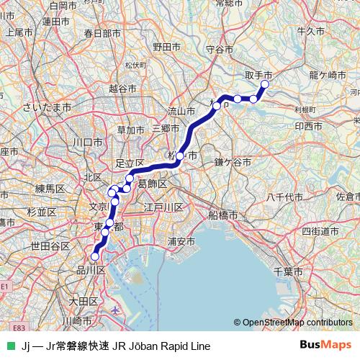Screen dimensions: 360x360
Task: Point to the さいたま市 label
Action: click(47, 107)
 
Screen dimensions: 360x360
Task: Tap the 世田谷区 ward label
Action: click(50, 246)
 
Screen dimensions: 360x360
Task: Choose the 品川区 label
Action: click(91, 270)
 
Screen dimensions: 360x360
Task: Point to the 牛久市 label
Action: click(311, 31)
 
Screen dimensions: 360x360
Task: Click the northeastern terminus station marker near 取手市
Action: click(264, 84)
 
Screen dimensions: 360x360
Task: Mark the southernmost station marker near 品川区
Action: click(94, 256)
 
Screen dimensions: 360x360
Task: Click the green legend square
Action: click(10, 345)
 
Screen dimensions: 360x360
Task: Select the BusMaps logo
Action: click(325, 345)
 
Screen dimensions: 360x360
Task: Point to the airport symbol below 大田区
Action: click(117, 310)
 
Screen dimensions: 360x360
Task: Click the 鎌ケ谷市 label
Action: click(232, 163)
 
